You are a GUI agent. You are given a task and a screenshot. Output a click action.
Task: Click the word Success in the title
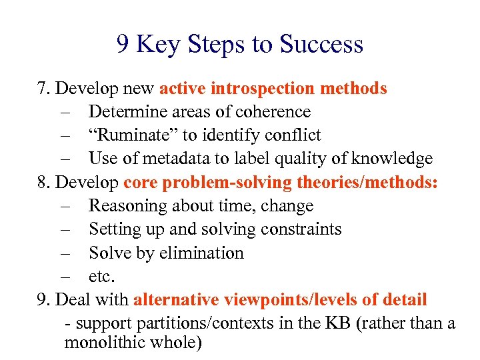[x=321, y=44]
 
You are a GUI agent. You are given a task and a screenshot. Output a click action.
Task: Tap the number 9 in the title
[x=123, y=44]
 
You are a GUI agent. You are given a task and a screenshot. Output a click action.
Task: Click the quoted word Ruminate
[x=133, y=135]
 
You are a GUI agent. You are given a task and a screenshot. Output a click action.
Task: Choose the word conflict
[x=292, y=135]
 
